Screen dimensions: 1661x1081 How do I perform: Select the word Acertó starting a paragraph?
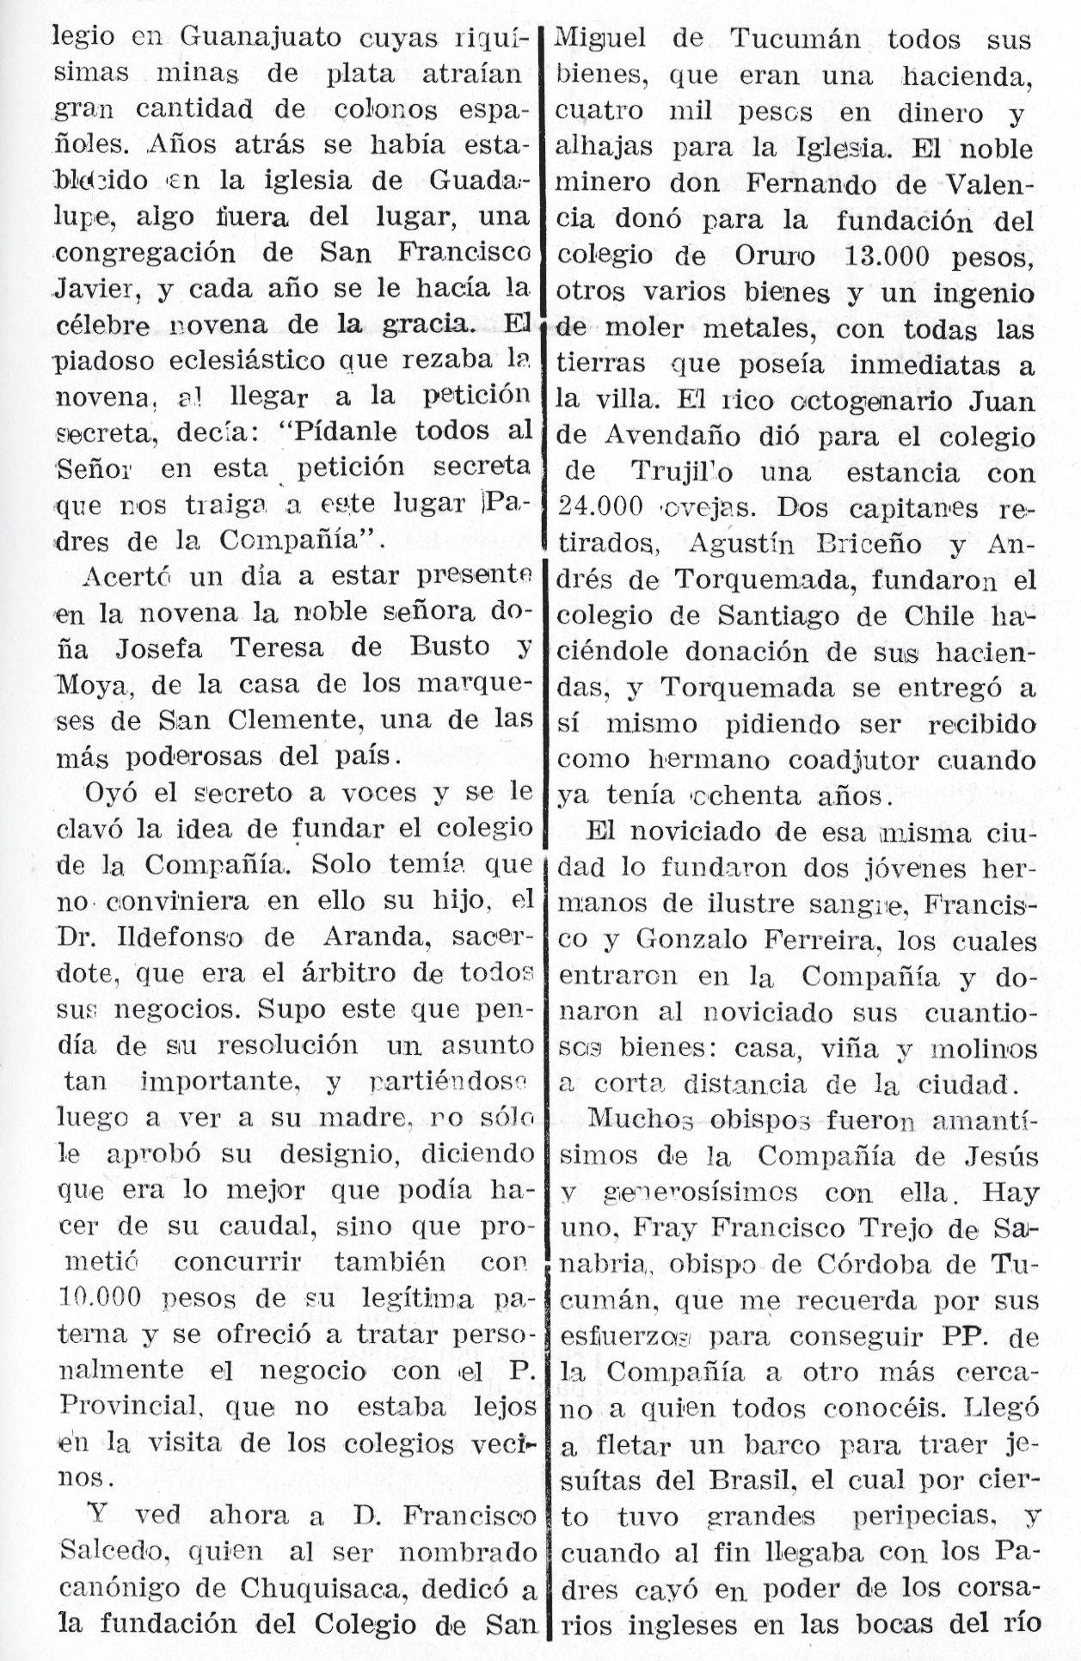click(x=126, y=576)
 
